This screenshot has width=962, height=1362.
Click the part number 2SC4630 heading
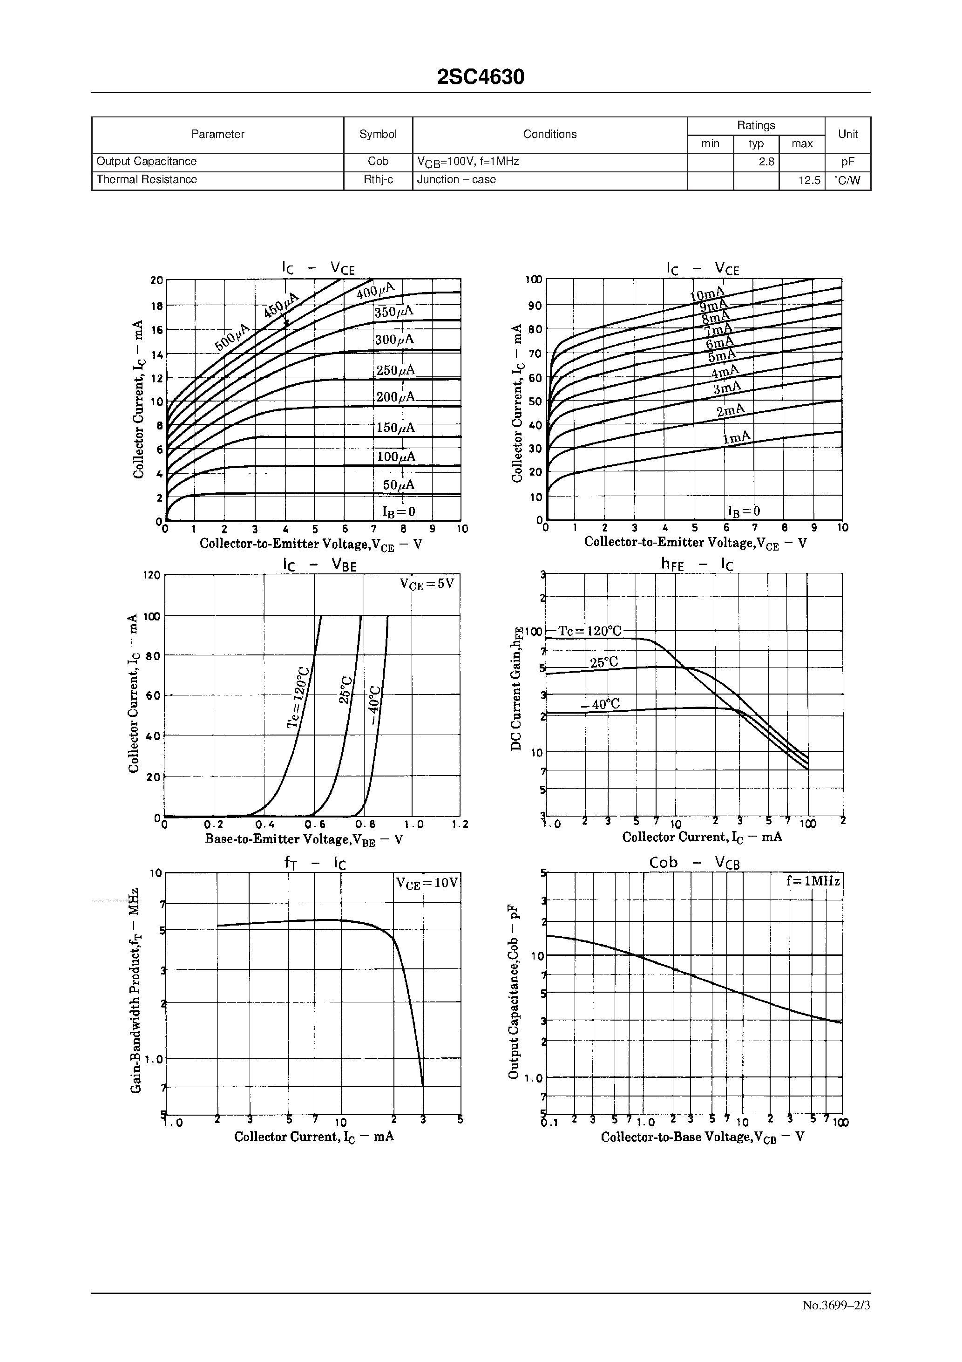click(481, 77)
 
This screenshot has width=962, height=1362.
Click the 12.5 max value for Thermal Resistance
click(808, 180)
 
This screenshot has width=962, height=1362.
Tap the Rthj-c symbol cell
click(378, 180)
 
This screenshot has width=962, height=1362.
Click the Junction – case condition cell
click(456, 180)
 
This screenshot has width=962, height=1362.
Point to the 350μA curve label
click(394, 312)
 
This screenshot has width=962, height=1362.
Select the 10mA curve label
click(707, 294)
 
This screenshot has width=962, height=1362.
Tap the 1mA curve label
click(736, 438)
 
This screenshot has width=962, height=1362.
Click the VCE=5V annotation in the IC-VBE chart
click(427, 584)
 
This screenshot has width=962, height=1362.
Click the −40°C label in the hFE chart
click(600, 704)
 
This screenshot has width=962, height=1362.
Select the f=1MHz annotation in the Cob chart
click(813, 881)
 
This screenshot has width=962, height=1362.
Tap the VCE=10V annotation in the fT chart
click(427, 883)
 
